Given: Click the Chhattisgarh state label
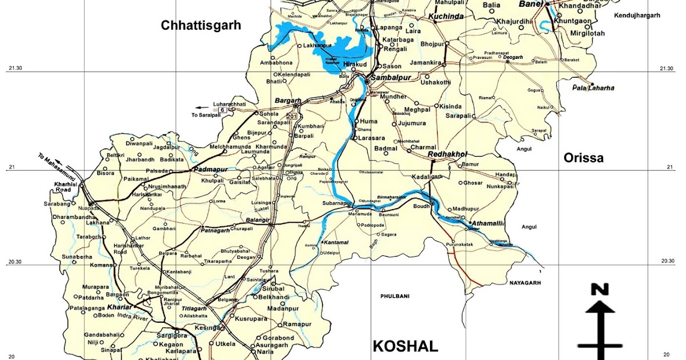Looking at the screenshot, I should coord(201,25).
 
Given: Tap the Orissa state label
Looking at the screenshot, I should coord(583,158).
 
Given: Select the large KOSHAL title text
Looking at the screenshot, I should coord(405,346).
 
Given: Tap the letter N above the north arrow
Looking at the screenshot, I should coord(600,290).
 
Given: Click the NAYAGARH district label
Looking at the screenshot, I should coord(524,282).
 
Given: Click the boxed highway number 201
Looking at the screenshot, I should coord(292,117).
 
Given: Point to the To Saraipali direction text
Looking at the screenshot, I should coord(210,115).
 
